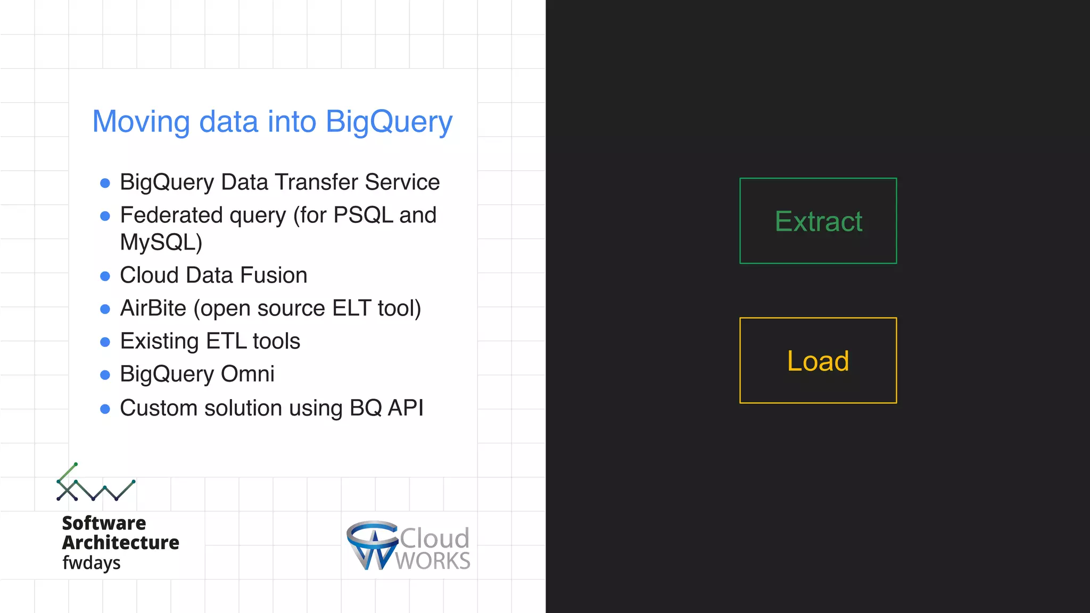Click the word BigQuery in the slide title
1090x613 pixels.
(389, 122)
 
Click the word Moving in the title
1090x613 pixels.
(141, 121)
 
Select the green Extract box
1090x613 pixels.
(818, 221)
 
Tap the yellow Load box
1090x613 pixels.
(818, 360)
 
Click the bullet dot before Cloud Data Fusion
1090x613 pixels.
(105, 276)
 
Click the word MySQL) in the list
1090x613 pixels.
(161, 242)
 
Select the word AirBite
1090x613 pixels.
(153, 308)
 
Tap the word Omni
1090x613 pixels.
(247, 374)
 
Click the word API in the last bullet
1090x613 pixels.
(406, 408)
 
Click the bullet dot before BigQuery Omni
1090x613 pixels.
(105, 375)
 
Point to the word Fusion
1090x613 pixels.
(274, 275)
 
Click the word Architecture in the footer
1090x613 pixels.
(121, 542)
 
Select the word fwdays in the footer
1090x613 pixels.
(92, 562)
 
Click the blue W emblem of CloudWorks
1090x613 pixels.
(372, 545)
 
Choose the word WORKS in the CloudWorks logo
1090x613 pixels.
(433, 561)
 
